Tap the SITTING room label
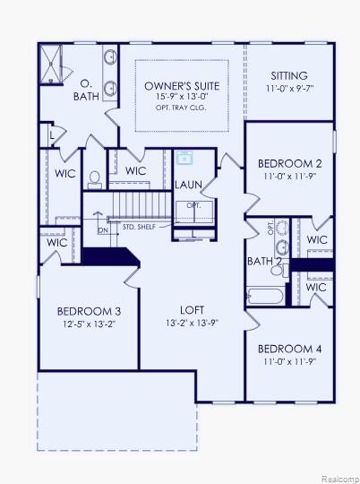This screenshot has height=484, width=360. coord(288,76)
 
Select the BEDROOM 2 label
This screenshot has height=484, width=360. coord(289,164)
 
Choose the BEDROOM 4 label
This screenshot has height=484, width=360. coord(289,349)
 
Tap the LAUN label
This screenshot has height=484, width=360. coord(188,186)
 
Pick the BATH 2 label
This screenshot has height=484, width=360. coord(265,261)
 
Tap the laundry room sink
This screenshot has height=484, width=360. coord(186,158)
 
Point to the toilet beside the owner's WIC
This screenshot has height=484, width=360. coord(94,178)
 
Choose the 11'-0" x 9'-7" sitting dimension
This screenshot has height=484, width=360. coord(288,90)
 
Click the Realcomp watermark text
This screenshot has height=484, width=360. coord(339,477)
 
